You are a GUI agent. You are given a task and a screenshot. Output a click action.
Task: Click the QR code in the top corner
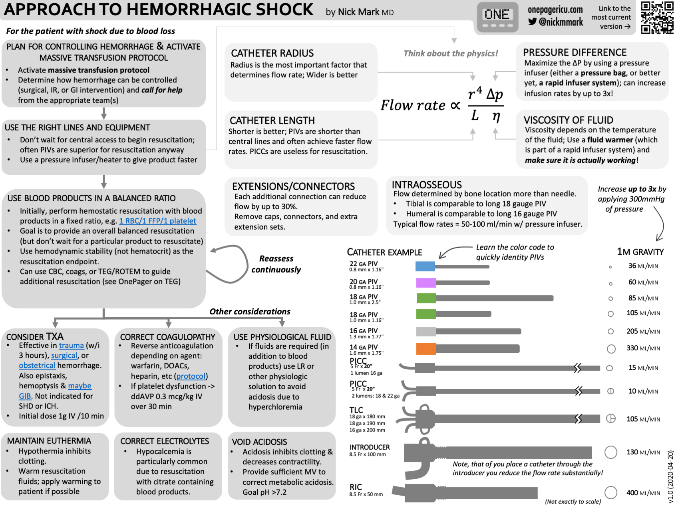click(657, 17)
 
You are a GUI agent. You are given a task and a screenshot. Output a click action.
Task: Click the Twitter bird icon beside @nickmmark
click(532, 22)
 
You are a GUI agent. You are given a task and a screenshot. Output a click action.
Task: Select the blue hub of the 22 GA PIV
click(425, 266)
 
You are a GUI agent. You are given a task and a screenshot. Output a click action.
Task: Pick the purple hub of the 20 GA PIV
click(426, 283)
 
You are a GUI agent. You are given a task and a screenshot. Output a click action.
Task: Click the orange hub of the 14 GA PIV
click(426, 348)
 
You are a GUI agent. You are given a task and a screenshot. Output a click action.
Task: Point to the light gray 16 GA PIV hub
click(426, 331)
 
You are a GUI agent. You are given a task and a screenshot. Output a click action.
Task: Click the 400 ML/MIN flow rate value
click(643, 493)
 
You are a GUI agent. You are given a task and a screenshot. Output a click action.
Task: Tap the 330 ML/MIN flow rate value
click(643, 348)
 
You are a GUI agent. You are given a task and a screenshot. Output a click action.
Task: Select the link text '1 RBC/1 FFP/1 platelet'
click(157, 221)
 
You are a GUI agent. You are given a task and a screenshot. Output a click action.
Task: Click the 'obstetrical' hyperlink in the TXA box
click(37, 365)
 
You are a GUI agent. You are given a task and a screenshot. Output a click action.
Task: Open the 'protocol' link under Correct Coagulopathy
click(191, 376)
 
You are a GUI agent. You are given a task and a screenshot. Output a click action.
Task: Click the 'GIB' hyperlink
click(25, 396)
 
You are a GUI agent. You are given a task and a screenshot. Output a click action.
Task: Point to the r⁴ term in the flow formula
click(475, 94)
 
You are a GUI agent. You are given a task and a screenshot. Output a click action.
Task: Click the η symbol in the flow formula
click(496, 116)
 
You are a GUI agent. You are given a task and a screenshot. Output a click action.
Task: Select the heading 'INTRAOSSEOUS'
click(427, 185)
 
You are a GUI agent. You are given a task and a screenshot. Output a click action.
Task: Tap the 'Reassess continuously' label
click(276, 264)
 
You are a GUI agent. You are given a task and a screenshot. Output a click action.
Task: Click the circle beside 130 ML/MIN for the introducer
click(610, 452)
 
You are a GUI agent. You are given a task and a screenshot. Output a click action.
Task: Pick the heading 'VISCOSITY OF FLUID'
click(568, 120)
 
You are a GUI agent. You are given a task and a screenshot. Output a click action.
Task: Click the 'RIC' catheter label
click(356, 487)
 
